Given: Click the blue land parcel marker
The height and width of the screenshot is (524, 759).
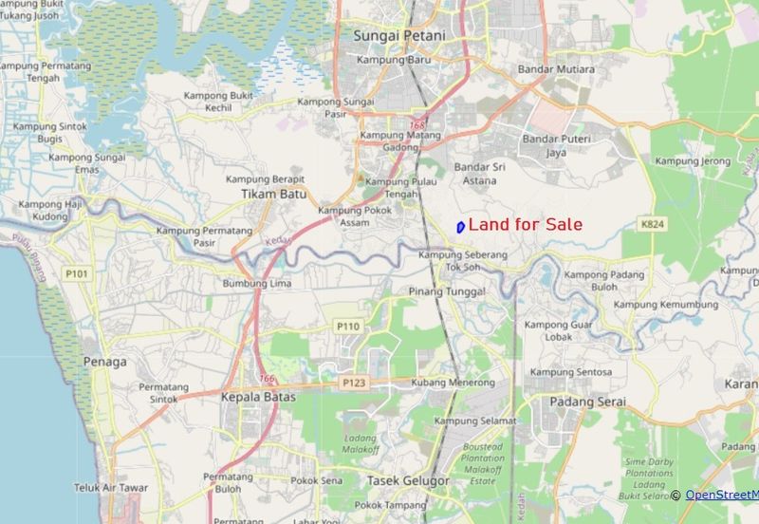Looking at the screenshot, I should tap(460, 227).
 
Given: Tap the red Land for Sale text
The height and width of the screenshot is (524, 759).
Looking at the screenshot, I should tap(526, 225).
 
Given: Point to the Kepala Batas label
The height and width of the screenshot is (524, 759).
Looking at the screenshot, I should tap(259, 397).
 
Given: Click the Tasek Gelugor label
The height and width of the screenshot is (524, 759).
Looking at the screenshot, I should tap(408, 480).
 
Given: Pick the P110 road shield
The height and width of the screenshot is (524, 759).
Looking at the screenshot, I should tap(347, 326).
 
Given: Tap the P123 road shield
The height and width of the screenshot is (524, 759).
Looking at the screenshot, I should tap(355, 383).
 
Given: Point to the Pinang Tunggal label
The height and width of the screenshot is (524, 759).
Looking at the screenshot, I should tap(447, 291).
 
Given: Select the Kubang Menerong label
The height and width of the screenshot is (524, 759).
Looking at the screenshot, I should tap(454, 383).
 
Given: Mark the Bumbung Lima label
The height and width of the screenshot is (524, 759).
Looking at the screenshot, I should tap(256, 284).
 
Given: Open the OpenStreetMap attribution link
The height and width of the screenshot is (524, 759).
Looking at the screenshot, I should tap(721, 495).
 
